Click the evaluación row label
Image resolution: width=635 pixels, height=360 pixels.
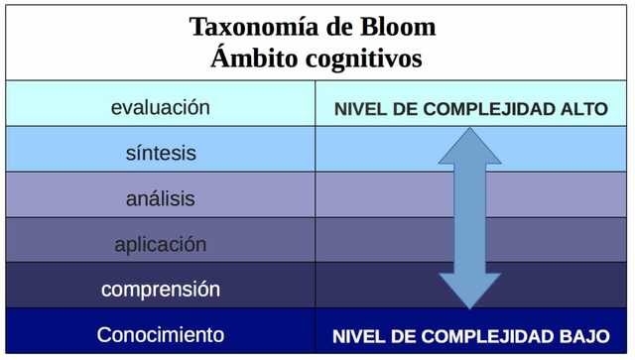160,107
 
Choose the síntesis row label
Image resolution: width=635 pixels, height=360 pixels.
160,154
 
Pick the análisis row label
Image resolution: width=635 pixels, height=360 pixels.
160,198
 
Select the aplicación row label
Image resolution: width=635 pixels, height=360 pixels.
160,244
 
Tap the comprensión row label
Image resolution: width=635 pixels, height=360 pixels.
160,290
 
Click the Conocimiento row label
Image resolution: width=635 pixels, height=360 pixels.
160,335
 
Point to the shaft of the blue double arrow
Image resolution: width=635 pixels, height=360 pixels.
469,218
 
